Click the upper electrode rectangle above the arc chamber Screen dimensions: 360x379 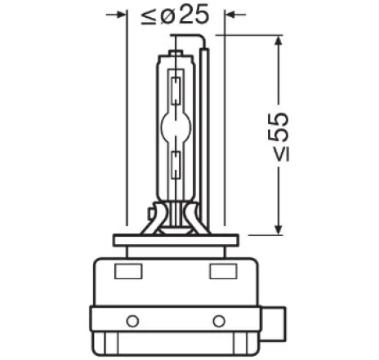click(x=176, y=87)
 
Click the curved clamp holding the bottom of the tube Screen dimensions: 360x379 click(x=176, y=219)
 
